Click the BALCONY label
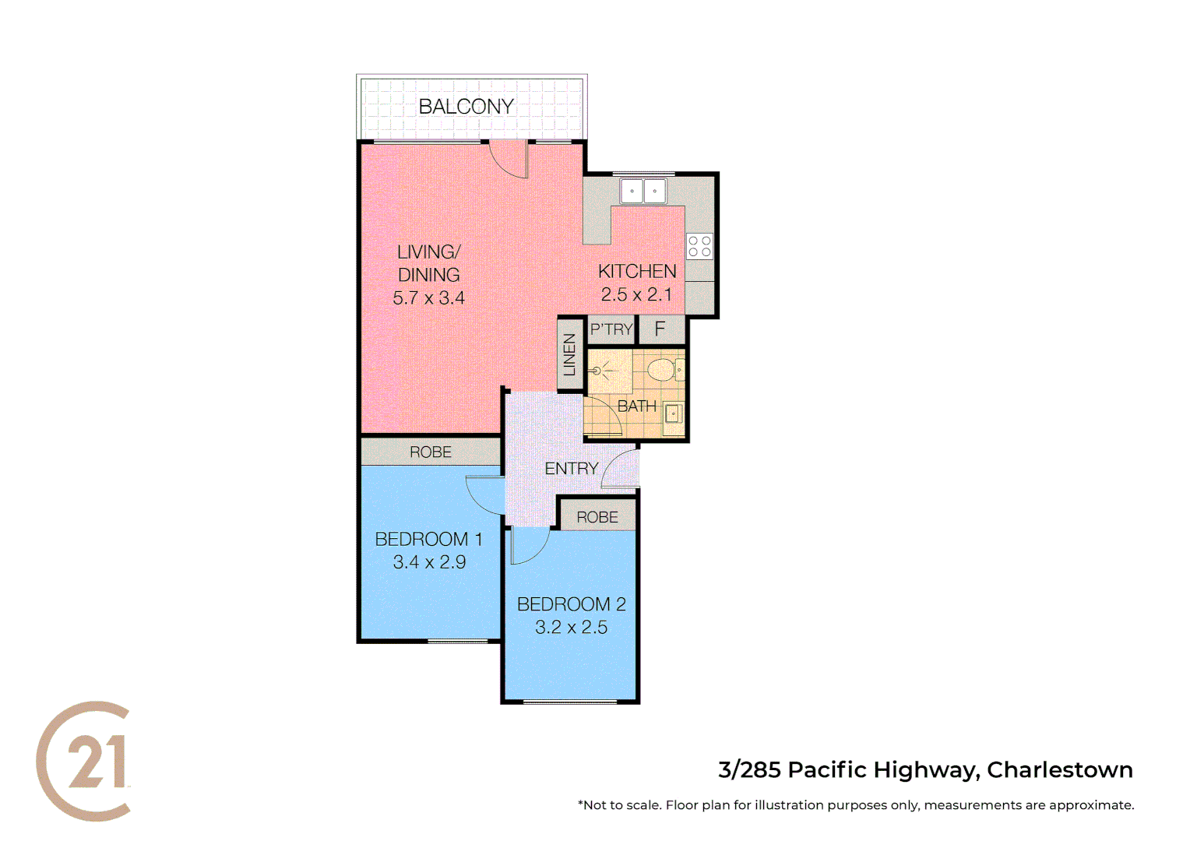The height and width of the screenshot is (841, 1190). (x=466, y=107)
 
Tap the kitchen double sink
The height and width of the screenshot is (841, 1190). (x=643, y=191)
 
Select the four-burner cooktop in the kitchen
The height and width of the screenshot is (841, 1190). (x=699, y=247)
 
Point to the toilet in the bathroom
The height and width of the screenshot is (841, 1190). (x=664, y=369)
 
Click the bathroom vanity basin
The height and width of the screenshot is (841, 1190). (x=673, y=414)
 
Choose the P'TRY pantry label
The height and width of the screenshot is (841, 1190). (x=611, y=329)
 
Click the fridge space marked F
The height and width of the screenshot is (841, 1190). (x=660, y=329)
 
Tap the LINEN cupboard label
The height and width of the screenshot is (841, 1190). (x=570, y=355)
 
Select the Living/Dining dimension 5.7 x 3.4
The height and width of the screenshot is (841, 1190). (x=428, y=298)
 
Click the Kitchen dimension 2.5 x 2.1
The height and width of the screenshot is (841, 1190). (x=636, y=295)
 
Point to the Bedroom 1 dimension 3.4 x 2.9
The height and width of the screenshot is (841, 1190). (x=429, y=562)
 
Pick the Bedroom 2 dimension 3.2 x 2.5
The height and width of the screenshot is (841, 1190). (x=571, y=628)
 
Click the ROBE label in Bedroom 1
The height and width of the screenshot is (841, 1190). (x=431, y=452)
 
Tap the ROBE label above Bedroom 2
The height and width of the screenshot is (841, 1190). (x=597, y=518)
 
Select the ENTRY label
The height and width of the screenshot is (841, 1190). (x=571, y=469)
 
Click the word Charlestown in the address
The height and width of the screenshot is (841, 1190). (x=1059, y=770)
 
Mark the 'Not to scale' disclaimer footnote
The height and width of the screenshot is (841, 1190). (x=855, y=805)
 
